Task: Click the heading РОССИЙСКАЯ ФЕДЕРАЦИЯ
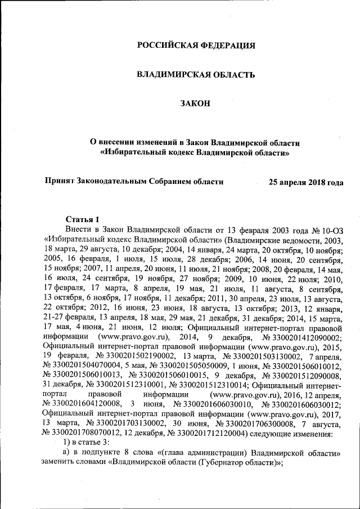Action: coord(196,45)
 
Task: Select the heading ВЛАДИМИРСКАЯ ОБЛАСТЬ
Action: coord(196,74)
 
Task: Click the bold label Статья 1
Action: coord(82,219)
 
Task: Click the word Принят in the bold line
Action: coord(58,182)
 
